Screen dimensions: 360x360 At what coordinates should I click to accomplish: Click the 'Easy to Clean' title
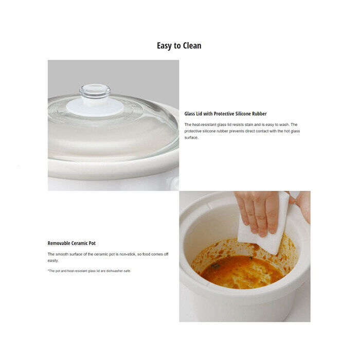(179, 46)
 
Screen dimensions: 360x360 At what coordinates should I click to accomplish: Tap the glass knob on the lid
(95, 91)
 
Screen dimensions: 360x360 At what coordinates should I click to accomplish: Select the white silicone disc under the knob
(95, 107)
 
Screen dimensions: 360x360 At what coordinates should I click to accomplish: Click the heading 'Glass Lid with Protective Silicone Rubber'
(225, 114)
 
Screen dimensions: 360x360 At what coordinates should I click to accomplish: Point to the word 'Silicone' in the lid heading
(243, 114)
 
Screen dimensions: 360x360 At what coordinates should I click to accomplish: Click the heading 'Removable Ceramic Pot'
(71, 243)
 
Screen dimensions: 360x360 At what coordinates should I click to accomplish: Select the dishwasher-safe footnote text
(89, 271)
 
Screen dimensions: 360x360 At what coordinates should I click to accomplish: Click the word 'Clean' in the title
(192, 46)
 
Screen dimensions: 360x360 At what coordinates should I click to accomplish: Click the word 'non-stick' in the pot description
(128, 254)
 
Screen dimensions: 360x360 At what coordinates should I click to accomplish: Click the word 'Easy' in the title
(164, 46)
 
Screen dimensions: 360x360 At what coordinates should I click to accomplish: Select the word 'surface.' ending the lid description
(191, 137)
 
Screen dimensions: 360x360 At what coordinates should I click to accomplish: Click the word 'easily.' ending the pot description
(53, 261)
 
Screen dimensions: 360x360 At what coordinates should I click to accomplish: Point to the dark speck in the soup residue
(215, 266)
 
